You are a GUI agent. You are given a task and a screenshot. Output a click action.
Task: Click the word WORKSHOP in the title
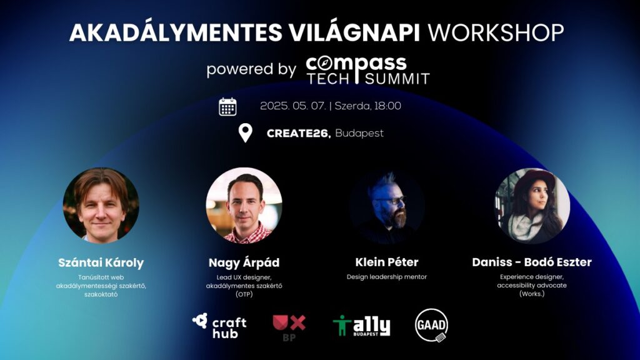[x=496, y=32]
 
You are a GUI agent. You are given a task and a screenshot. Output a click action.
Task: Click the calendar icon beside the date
[x=227, y=107]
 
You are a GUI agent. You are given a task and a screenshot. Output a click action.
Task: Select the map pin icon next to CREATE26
[x=245, y=133]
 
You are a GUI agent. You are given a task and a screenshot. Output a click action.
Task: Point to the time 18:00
[x=387, y=106]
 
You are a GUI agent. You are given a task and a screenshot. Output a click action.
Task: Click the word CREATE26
[x=299, y=134]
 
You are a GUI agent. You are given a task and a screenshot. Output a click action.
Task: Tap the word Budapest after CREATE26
[x=359, y=134]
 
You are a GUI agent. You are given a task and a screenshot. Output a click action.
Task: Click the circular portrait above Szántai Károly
[x=101, y=205]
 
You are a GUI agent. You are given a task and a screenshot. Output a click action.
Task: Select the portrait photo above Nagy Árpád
[x=244, y=205]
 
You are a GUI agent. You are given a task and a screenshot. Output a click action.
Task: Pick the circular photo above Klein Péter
[x=386, y=207]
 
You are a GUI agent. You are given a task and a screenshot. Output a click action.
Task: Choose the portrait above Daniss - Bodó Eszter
[x=532, y=206]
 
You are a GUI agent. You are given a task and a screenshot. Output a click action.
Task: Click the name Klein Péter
[x=386, y=262]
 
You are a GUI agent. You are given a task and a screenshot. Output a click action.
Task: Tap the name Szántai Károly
[x=101, y=262]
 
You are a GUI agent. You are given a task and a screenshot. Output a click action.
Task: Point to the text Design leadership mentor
[x=386, y=277]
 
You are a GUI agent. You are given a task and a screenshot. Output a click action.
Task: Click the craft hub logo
[x=219, y=326]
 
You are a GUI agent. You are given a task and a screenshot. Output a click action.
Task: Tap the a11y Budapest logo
[x=361, y=326]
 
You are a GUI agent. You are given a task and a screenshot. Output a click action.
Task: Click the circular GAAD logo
[x=431, y=325]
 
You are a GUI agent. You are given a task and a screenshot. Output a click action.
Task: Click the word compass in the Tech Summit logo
[x=356, y=64]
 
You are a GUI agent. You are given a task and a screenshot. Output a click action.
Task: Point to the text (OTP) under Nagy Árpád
[x=244, y=294]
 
